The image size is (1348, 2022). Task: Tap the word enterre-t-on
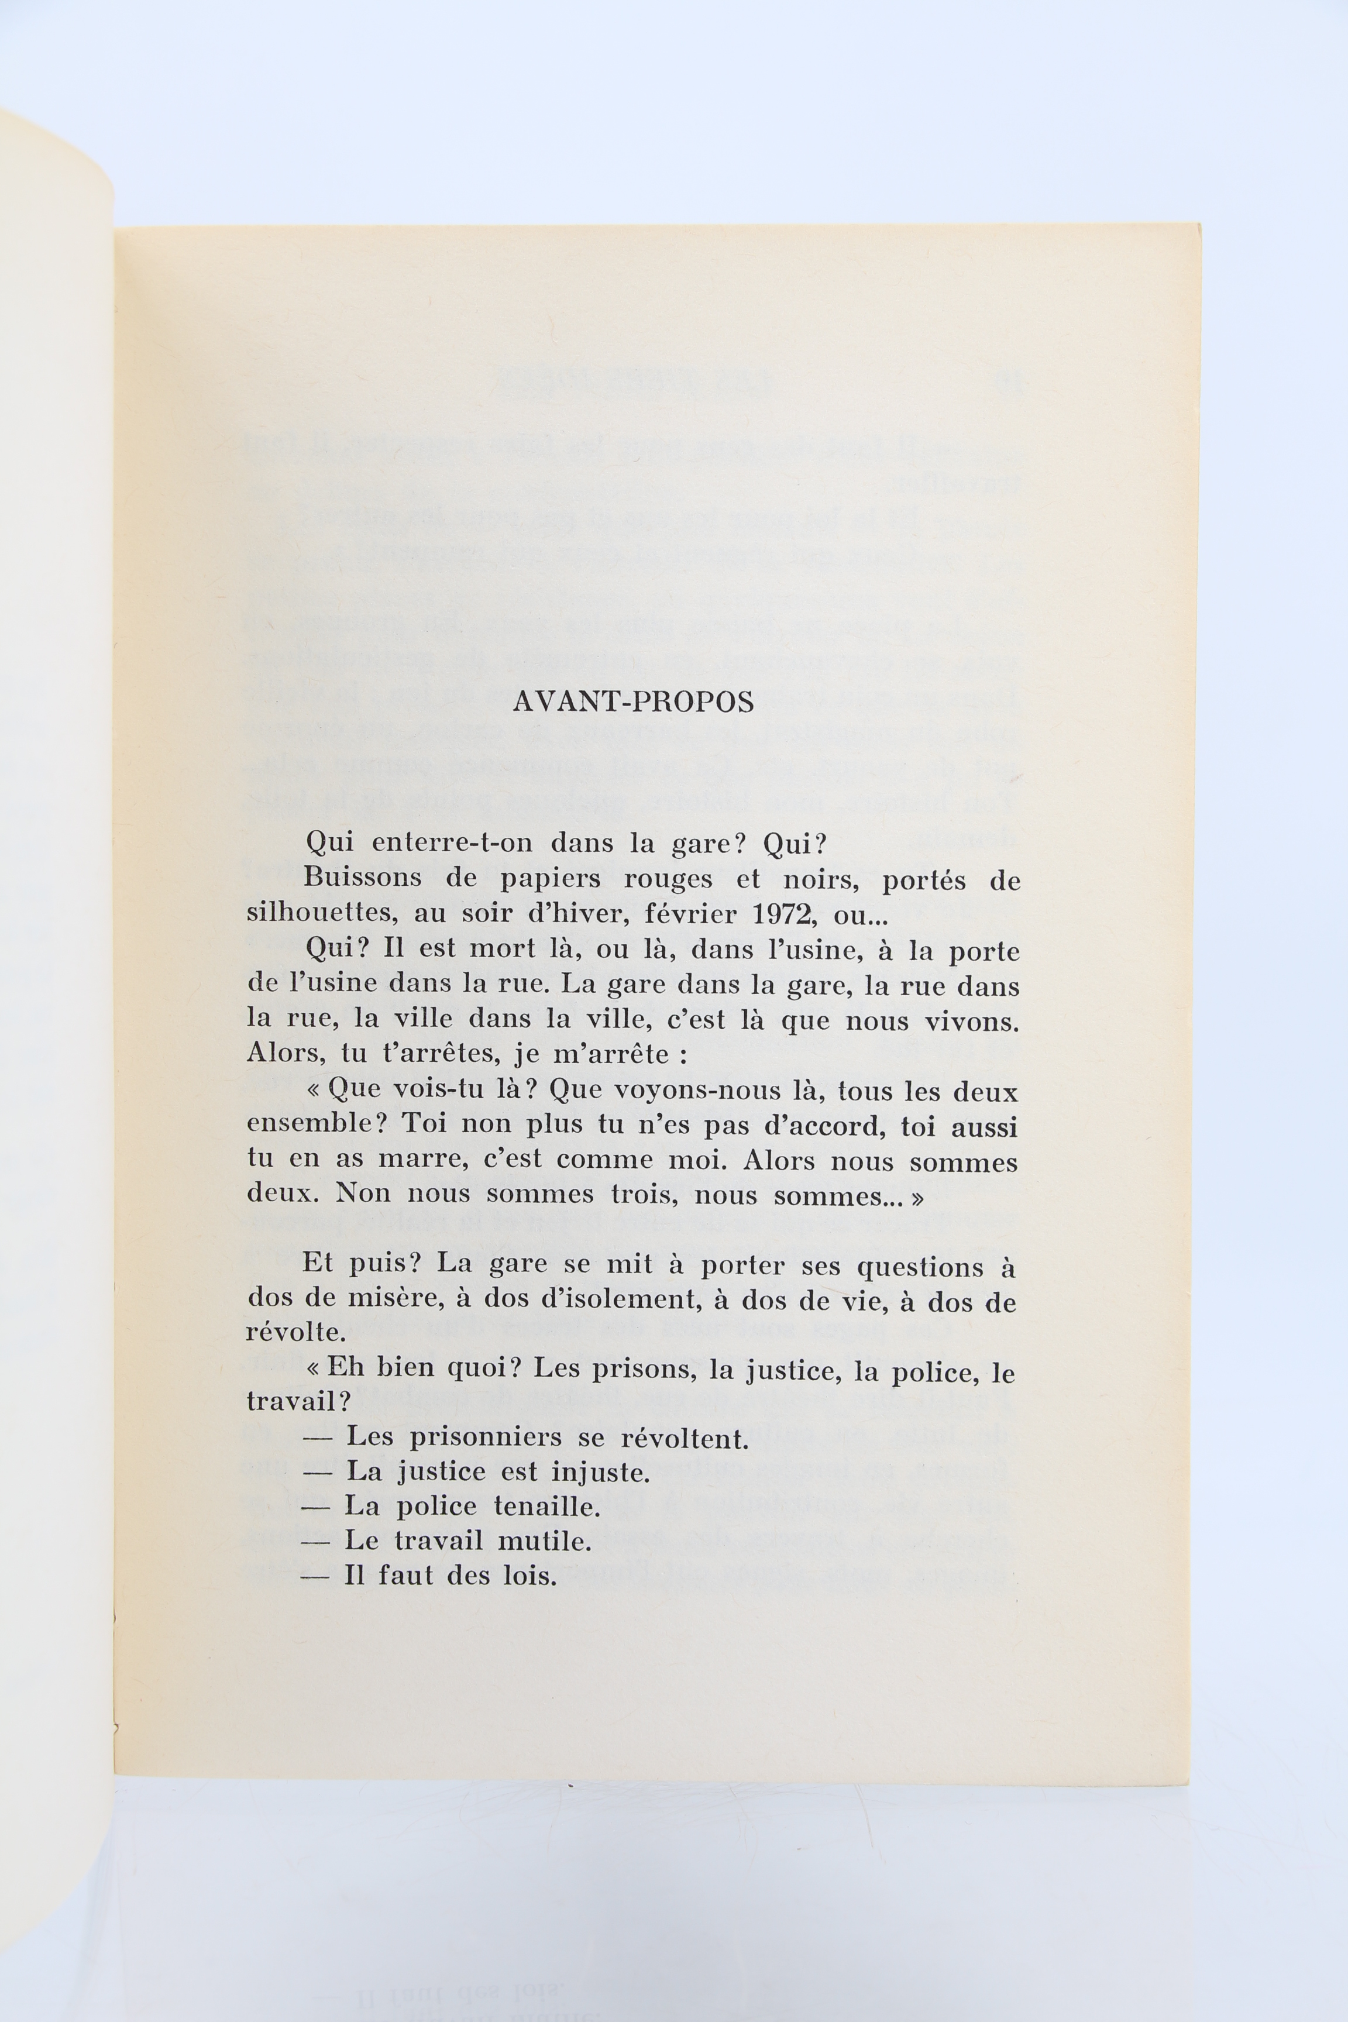[x=452, y=843]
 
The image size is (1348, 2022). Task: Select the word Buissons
[x=360, y=879]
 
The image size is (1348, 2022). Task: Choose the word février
[x=689, y=914]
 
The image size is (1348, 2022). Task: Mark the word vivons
[x=971, y=1022]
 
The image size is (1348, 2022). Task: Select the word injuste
[x=600, y=1474]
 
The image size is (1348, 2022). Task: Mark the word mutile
[x=545, y=1542]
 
